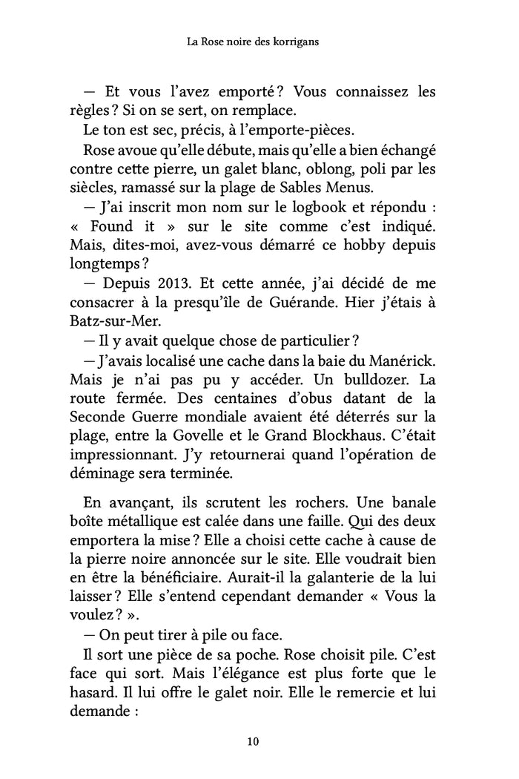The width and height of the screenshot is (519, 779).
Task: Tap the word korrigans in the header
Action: click(294, 43)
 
